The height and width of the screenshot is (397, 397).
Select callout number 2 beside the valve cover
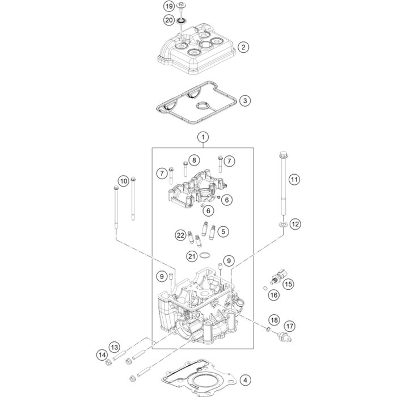coord(243,47)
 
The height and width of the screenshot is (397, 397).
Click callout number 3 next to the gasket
coord(243,101)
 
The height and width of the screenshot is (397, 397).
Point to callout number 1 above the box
coord(202,137)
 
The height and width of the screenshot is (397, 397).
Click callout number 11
coord(294,180)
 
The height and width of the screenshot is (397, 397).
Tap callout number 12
coord(294,225)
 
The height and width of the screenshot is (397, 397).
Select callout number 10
coord(124,183)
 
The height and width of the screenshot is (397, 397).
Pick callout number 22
coord(164,235)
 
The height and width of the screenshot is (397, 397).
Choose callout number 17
coord(290,326)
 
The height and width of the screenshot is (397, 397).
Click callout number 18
coord(274,320)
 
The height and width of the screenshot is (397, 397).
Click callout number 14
coord(102,355)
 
